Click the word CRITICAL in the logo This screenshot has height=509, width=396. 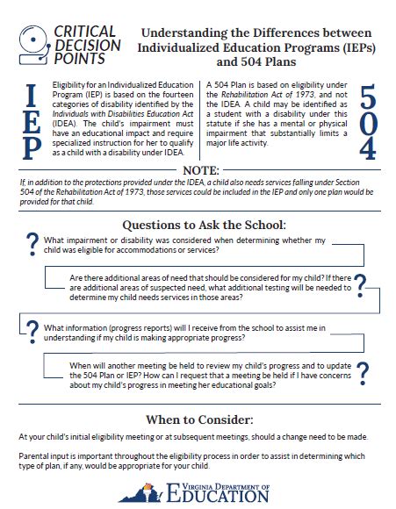(85, 30)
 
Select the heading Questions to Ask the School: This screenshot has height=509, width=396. (198, 225)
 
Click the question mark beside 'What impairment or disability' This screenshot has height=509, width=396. (32, 243)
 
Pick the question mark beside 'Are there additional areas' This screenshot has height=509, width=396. (361, 283)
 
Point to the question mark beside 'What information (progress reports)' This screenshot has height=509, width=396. (32, 331)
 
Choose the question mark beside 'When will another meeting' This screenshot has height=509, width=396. (361, 372)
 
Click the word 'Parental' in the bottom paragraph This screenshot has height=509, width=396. (37, 456)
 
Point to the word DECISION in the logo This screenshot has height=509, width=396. (85, 44)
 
